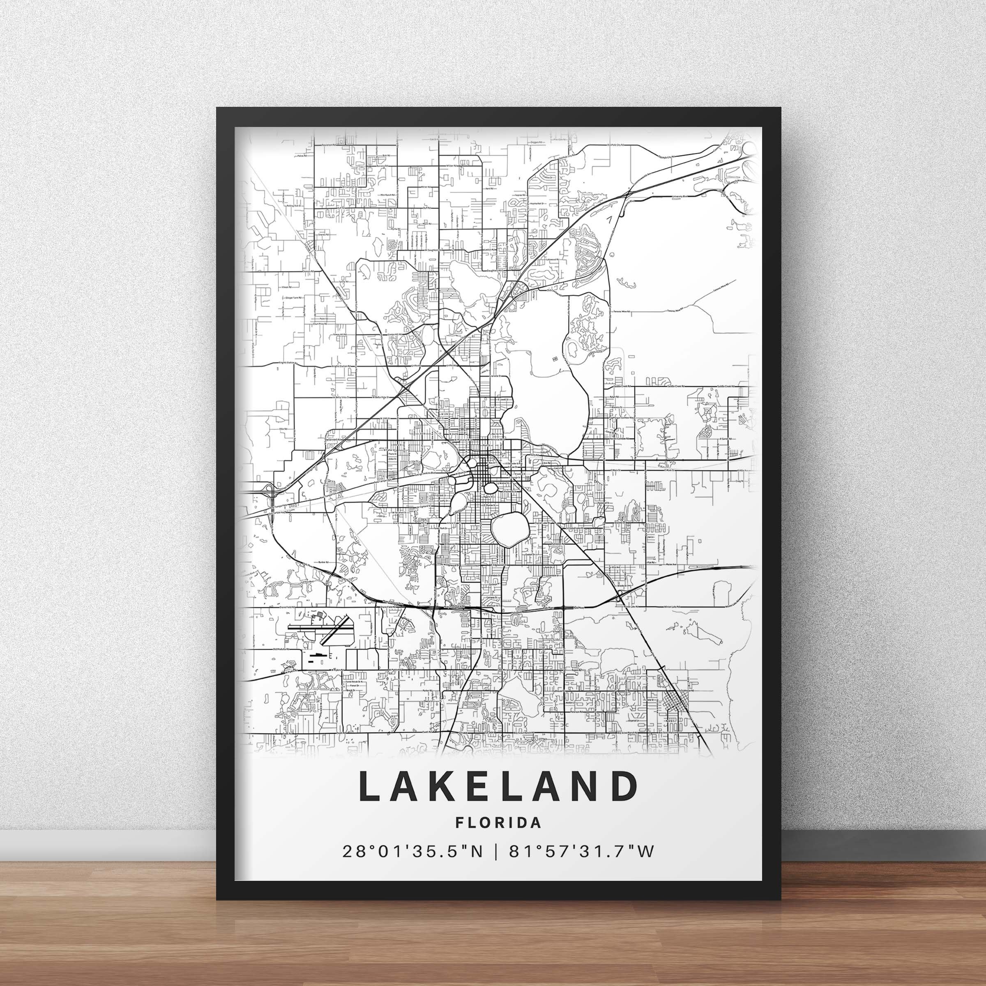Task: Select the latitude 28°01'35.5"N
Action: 412,852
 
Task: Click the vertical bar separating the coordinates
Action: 493,852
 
